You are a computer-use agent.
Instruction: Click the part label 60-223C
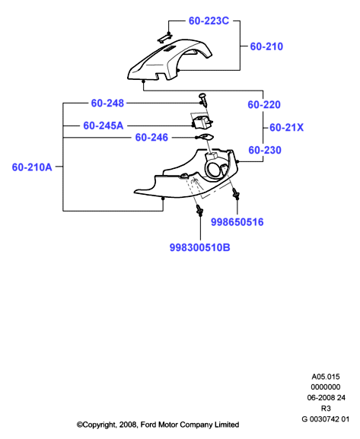point(209,21)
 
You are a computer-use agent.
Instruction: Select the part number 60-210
point(266,46)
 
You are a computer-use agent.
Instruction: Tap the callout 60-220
point(264,105)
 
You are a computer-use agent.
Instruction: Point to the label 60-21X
point(286,128)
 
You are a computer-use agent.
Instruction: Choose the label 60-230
point(265,151)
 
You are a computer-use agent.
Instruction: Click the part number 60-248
point(107,103)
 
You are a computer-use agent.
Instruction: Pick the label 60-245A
point(104,126)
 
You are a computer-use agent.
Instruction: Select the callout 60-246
point(151,138)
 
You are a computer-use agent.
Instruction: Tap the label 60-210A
point(32,167)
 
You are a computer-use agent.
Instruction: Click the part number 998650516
point(237,222)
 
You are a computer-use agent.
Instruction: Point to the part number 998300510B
point(199,247)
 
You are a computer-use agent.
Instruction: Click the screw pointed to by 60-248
point(204,100)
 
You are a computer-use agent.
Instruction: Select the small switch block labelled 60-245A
point(202,122)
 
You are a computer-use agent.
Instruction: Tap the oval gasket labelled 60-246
point(205,137)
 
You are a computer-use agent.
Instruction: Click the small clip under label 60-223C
point(164,38)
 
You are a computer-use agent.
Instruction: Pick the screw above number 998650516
point(236,193)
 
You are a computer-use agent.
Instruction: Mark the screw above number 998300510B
point(199,210)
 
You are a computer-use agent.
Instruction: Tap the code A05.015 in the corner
point(326,377)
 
